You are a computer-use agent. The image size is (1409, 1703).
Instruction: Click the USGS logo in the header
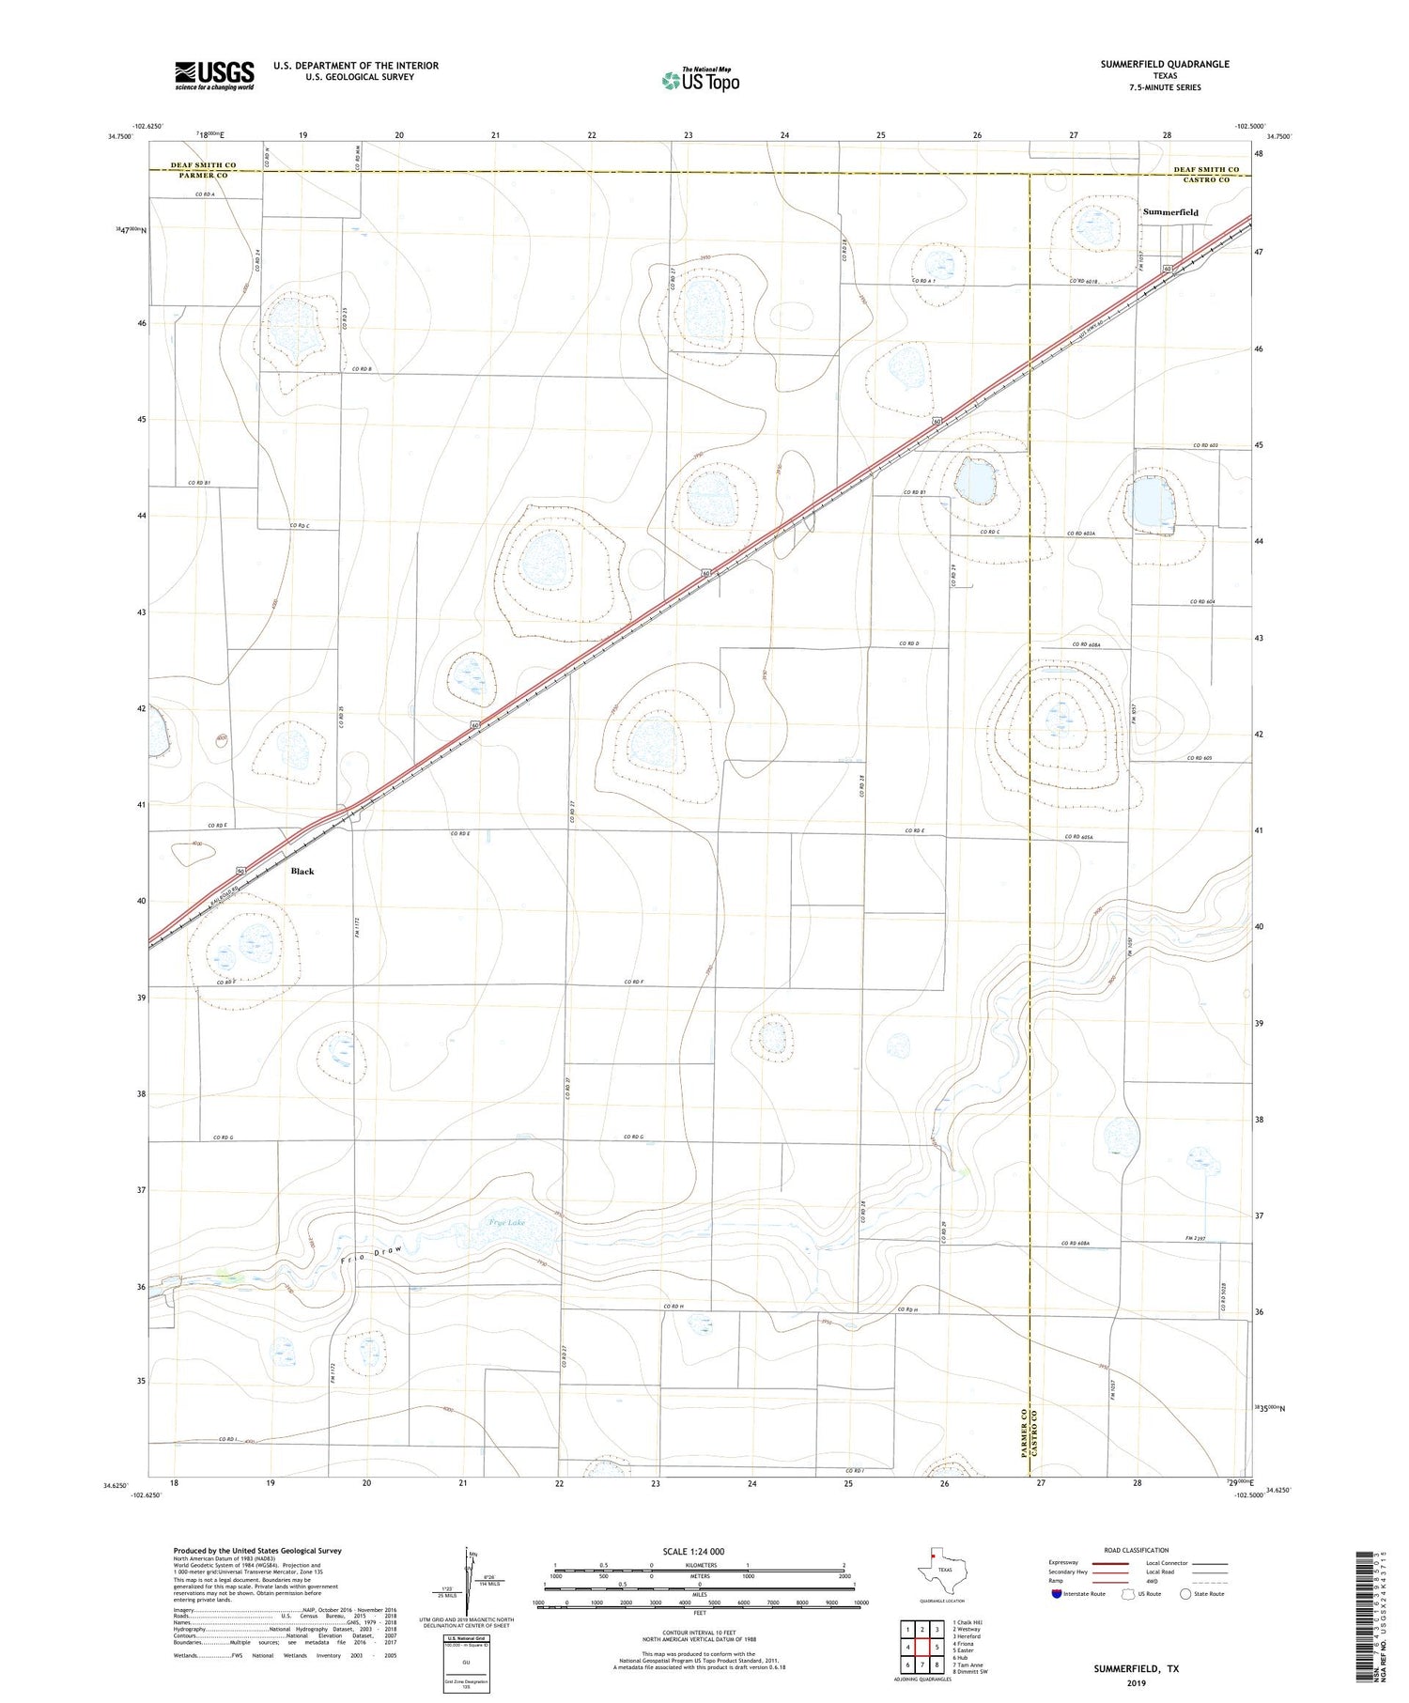[x=214, y=75]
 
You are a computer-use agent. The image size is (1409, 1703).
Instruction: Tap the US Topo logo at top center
[x=700, y=80]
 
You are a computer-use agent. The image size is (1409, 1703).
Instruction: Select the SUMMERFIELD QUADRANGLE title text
[x=1164, y=64]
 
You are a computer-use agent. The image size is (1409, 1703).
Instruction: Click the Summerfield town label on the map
[x=1170, y=212]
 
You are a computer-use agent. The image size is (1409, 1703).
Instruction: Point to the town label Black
[x=302, y=871]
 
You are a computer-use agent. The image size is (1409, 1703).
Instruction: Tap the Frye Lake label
[x=507, y=1223]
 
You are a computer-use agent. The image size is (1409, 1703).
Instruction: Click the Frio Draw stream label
[x=376, y=1257]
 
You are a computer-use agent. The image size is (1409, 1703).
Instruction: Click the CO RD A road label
[x=205, y=194]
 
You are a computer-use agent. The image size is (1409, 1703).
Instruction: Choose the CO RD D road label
[x=908, y=643]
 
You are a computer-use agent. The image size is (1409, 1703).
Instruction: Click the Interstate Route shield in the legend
[x=1058, y=1594]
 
